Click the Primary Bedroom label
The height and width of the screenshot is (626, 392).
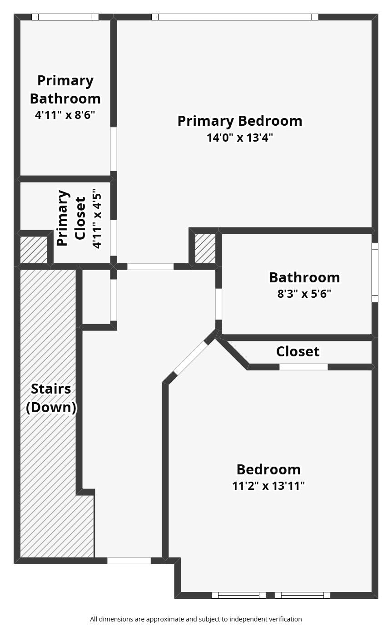[x=239, y=121]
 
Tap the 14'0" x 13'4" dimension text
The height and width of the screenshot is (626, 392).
[x=239, y=137]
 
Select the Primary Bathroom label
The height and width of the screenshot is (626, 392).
[x=65, y=89]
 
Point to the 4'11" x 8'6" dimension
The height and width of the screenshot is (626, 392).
[x=65, y=115]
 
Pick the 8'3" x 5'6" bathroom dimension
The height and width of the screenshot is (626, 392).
[x=304, y=293]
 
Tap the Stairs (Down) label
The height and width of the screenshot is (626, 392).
[x=51, y=398]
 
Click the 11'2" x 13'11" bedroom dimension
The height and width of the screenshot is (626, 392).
[x=268, y=485]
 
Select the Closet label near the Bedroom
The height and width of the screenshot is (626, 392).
[x=298, y=351]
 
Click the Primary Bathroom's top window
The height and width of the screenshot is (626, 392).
[x=65, y=17]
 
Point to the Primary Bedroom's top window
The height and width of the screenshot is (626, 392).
[x=234, y=17]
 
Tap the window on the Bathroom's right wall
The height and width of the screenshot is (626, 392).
[x=375, y=272]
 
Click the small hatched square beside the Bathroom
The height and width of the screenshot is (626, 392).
[x=205, y=248]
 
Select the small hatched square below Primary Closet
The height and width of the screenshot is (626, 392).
[x=34, y=250]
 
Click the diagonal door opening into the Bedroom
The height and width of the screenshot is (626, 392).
[x=191, y=358]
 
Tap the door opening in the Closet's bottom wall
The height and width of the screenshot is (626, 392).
[x=303, y=367]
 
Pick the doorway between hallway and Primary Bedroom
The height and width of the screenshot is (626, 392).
[x=150, y=266]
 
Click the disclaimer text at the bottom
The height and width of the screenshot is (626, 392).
[x=196, y=619]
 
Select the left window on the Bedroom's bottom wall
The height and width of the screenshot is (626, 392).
[x=238, y=595]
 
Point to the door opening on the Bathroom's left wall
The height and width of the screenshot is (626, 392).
[x=218, y=304]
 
